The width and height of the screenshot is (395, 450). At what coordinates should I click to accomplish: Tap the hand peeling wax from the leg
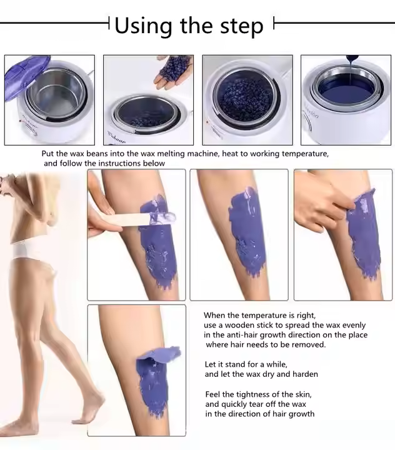[324, 204]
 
